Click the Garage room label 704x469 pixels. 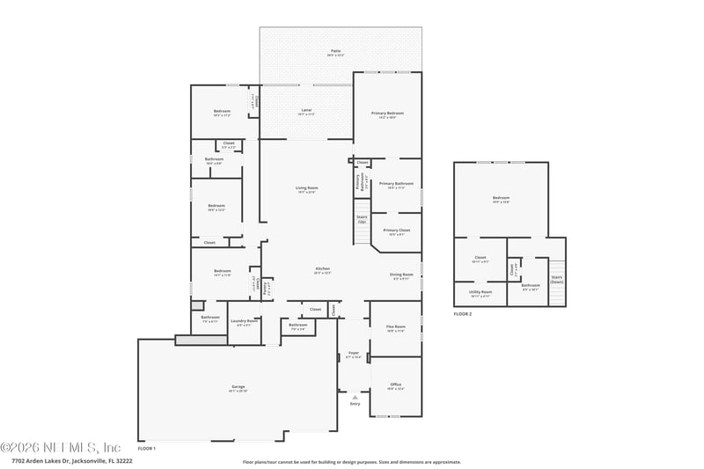[238, 388]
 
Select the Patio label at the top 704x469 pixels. [335, 53]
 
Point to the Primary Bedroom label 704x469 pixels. [387, 114]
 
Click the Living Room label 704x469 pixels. [306, 188]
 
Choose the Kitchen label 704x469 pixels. [322, 269]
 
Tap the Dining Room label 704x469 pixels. [401, 275]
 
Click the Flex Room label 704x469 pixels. [395, 327]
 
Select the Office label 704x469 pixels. [395, 385]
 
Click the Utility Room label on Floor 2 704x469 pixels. [480, 293]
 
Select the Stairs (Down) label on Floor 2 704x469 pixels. [556, 279]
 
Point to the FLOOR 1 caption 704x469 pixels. [146, 449]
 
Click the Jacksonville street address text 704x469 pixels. [72, 460]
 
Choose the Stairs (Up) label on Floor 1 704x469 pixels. [361, 218]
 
